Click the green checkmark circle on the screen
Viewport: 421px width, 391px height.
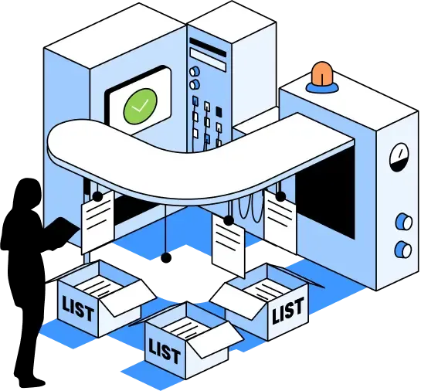pos(140,107)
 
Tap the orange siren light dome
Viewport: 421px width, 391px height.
pos(321,73)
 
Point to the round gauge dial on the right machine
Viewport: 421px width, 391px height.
pos(399,158)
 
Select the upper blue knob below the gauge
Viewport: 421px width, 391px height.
pos(404,222)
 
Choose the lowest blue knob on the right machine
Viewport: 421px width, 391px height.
pos(403,250)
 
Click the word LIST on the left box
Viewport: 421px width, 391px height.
pos(78,308)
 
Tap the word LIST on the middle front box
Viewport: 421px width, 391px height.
pos(165,351)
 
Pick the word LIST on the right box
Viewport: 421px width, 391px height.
pos(287,310)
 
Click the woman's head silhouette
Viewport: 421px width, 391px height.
pos(27,192)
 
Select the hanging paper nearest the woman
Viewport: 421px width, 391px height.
pos(97,223)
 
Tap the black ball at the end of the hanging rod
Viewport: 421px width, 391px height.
pos(166,258)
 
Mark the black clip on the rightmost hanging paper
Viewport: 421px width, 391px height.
pos(280,196)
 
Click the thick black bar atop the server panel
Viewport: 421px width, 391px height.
pos(208,47)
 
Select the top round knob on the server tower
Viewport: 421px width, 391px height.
pos(195,71)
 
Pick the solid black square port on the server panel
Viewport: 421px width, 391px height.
pos(219,111)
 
